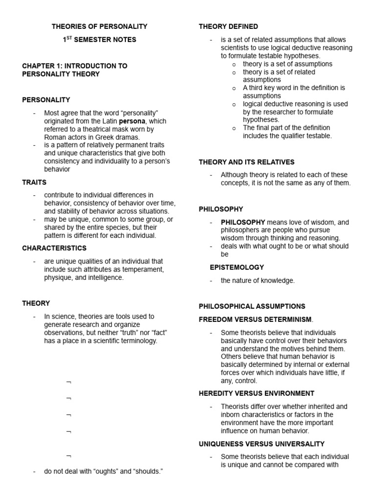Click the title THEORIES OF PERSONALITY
tap(99, 26)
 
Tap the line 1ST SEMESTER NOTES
tap(99, 39)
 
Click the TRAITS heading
tap(34, 182)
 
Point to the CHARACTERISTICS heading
tap(54, 248)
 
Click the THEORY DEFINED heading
tap(228, 26)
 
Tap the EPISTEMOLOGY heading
tap(237, 267)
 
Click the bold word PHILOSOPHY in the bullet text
tap(243, 222)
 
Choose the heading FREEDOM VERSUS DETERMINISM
tap(255, 319)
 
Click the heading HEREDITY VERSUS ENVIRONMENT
tap(257, 393)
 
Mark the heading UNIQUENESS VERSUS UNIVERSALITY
tap(261, 444)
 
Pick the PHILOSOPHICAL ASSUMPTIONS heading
tap(252, 306)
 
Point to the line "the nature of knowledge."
tap(258, 281)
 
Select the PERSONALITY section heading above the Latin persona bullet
tap(46, 100)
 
